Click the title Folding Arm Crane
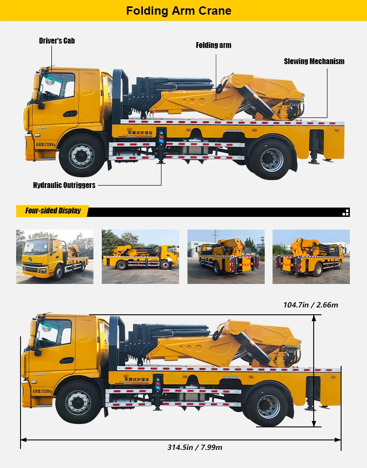coord(179,11)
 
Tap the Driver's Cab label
coord(57,41)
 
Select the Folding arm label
coord(213,45)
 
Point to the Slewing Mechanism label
coord(314,61)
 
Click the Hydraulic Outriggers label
coord(64,185)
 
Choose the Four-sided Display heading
coord(53,211)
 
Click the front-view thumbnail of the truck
coord(54,257)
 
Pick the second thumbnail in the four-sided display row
coord(140,257)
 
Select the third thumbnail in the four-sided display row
coord(226,257)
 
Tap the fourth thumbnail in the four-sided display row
coord(311,257)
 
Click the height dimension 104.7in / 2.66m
coord(310,305)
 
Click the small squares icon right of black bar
coord(346,212)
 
